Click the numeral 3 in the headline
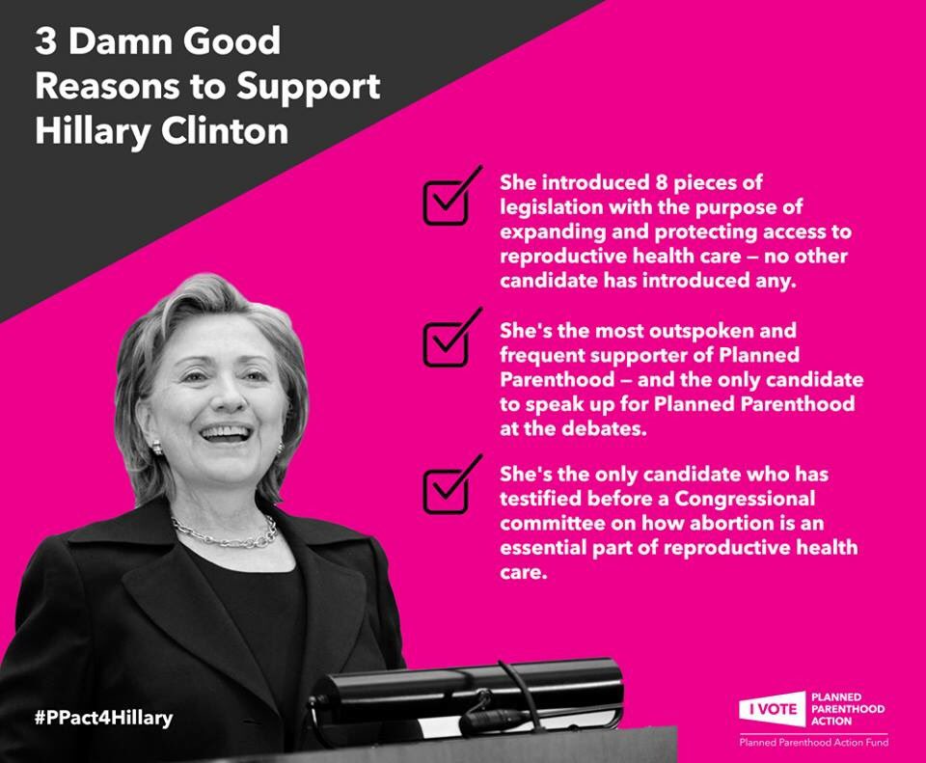(x=45, y=41)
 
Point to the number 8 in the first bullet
(x=661, y=182)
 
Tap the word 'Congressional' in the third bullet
(x=745, y=500)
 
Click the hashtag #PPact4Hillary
(x=104, y=718)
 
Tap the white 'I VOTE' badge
(x=773, y=709)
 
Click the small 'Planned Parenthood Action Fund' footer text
(x=814, y=743)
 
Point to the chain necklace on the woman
(x=225, y=532)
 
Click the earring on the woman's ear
(x=157, y=448)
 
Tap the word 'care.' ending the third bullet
(x=524, y=573)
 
